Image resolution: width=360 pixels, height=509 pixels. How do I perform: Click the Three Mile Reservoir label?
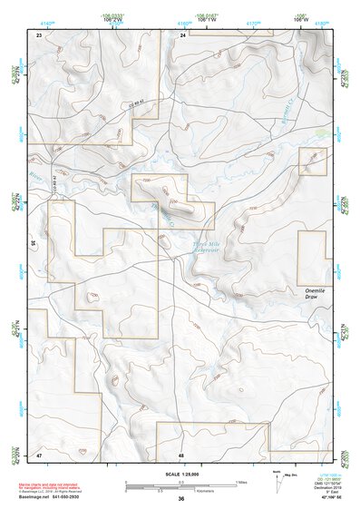[x=207, y=247]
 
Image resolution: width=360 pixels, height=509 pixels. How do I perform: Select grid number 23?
[x=39, y=34]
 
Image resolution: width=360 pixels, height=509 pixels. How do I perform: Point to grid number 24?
[x=182, y=34]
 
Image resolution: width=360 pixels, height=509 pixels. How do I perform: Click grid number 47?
[x=39, y=453]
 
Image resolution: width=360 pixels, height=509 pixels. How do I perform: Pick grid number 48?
[x=181, y=453]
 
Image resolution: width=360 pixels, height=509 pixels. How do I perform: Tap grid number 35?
[x=33, y=243]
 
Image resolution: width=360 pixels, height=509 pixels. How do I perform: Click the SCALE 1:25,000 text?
[x=180, y=475]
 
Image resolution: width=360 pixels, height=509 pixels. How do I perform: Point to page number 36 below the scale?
[x=180, y=500]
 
